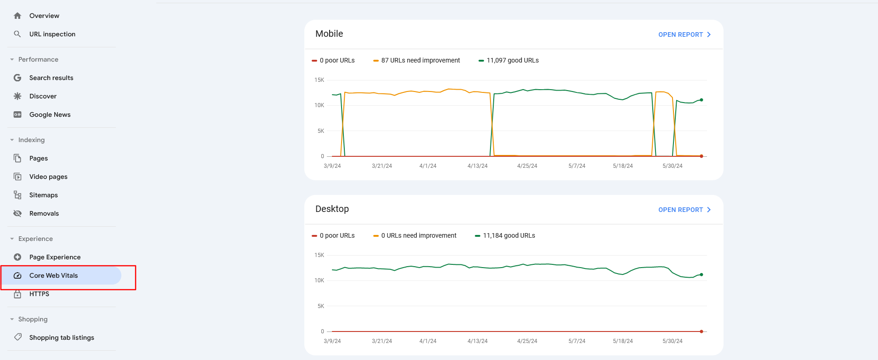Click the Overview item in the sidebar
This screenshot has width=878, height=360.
44,16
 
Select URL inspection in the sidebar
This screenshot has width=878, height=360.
52,34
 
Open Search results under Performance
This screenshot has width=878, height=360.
51,78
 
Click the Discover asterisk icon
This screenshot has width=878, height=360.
17,96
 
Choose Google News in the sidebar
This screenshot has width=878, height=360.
50,114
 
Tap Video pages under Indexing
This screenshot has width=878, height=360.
48,177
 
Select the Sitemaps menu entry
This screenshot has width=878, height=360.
43,195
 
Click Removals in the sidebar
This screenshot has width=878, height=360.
44,213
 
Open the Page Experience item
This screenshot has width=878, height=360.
55,257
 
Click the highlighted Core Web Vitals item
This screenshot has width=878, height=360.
53,275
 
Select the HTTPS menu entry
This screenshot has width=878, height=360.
39,294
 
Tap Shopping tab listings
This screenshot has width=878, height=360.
62,337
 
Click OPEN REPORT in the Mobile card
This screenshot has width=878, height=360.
684,34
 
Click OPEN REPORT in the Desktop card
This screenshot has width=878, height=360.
684,210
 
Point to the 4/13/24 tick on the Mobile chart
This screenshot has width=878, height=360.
477,166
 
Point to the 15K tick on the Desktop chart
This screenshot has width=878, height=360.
319,255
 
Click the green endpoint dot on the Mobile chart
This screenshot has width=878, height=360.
701,100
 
